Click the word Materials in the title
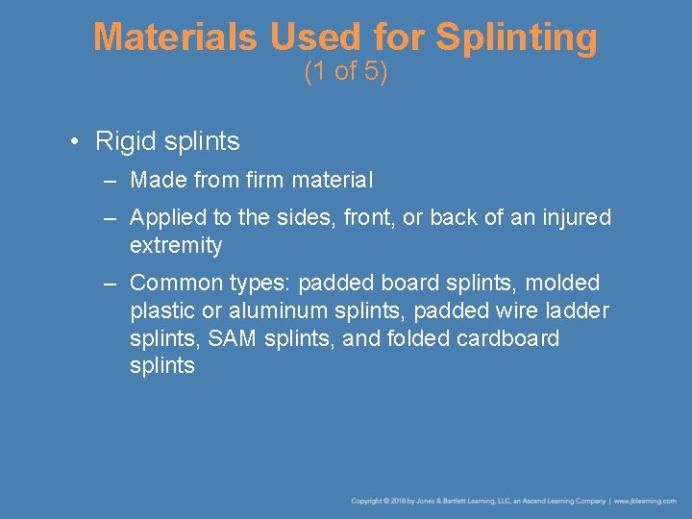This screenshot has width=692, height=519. [176, 37]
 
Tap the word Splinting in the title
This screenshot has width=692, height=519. [516, 38]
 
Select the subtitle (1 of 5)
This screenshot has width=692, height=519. [346, 72]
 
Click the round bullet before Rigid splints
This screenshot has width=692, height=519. [74, 142]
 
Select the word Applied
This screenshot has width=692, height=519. [166, 218]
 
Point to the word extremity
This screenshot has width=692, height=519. [176, 246]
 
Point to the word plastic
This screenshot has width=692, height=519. [162, 311]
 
